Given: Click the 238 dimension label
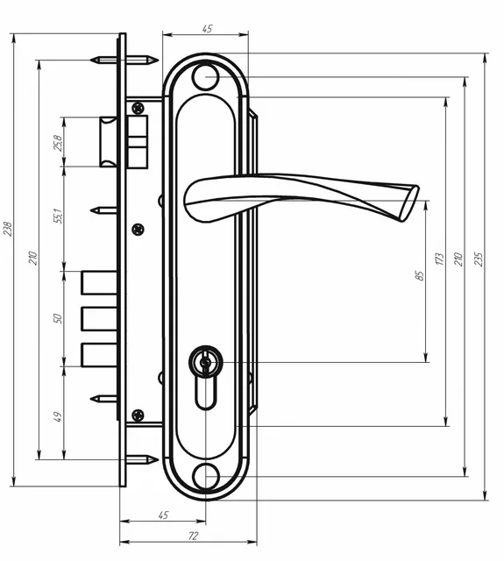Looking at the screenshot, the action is click(x=8, y=229).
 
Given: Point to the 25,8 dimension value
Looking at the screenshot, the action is click(x=59, y=143).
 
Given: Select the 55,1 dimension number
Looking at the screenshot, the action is click(x=59, y=217).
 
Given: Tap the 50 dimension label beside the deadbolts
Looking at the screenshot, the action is click(x=58, y=318).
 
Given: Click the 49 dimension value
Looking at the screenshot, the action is click(x=58, y=417).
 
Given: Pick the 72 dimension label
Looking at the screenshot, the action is click(x=193, y=536).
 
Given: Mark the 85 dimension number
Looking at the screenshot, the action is click(x=420, y=275).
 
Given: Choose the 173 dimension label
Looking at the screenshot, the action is click(x=440, y=259).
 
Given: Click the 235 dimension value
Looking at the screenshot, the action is click(x=479, y=259).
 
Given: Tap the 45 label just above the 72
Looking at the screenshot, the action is click(x=163, y=515).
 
